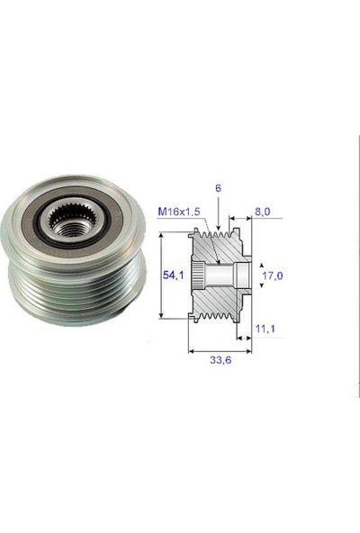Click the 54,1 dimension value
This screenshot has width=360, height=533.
[x=173, y=275]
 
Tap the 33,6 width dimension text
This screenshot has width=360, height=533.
[x=220, y=360]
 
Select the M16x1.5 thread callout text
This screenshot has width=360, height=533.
[x=179, y=212]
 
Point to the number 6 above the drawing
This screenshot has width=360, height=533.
[x=218, y=188]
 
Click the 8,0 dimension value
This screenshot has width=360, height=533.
[x=263, y=212]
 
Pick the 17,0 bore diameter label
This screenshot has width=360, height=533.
[x=273, y=276]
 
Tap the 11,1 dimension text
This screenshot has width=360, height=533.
[x=265, y=329]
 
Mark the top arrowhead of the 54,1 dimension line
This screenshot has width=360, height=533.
[x=161, y=235]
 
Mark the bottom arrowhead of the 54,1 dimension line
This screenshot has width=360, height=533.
[x=161, y=315]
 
